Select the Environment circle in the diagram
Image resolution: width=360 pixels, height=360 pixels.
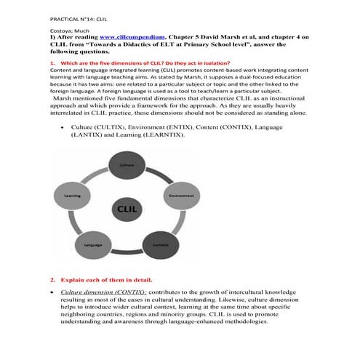tap(180, 196)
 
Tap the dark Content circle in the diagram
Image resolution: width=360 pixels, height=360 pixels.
tap(162, 245)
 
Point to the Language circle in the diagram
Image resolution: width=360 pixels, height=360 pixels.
tap(93, 245)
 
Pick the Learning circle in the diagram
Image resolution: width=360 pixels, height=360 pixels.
tap(73, 196)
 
